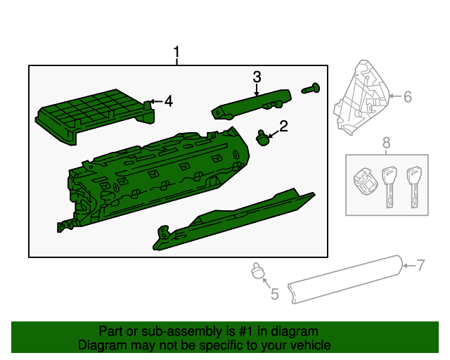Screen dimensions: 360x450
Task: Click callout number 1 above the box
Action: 177,53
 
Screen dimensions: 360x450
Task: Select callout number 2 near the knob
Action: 283,127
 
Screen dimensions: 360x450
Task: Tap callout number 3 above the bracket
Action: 257,76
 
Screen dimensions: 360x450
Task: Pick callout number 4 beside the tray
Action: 167,102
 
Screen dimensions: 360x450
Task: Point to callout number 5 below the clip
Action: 274,294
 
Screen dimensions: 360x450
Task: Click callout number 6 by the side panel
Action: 407,96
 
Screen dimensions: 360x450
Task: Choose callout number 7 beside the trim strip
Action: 420,265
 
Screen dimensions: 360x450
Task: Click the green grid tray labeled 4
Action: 91,114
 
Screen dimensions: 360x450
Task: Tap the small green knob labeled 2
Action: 264,138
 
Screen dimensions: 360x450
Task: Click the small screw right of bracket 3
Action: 311,89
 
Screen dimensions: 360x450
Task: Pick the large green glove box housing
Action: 155,179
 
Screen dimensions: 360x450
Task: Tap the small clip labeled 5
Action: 257,271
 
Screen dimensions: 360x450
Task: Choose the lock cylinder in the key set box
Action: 363,182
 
